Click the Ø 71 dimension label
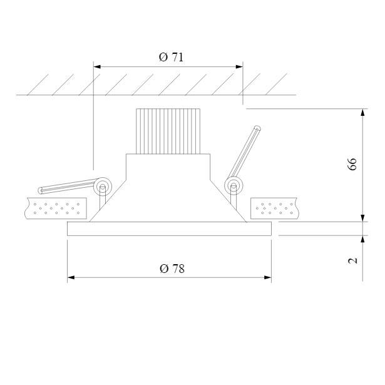click(x=171, y=57)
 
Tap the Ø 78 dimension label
click(x=172, y=269)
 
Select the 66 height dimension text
click(x=352, y=164)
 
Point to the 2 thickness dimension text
click(x=352, y=260)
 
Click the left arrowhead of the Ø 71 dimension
click(x=97, y=66)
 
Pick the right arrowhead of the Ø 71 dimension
click(x=239, y=66)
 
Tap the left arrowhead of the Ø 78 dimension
click(x=71, y=277)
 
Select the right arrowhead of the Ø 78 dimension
click(x=268, y=277)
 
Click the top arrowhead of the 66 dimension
click(x=362, y=112)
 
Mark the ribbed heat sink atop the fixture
click(x=168, y=131)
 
